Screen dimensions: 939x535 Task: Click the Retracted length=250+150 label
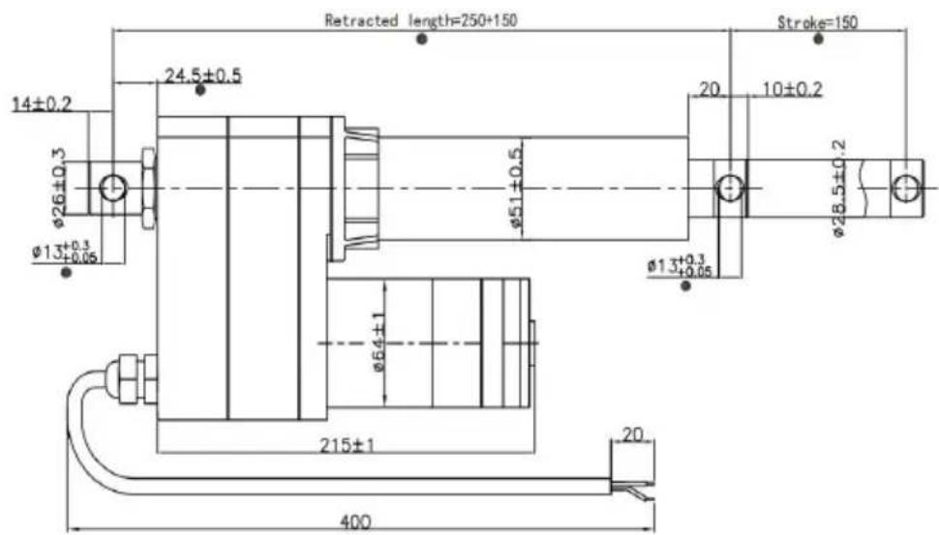[420, 20]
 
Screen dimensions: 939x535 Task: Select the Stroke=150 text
[817, 23]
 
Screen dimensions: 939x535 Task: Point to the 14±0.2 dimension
[42, 104]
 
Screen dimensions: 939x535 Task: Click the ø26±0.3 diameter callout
[59, 188]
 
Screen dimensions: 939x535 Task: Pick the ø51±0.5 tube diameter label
[516, 188]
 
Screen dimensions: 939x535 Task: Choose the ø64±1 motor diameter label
[379, 342]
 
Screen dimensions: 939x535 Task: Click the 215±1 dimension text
[347, 445]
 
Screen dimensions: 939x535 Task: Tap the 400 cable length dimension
[355, 521]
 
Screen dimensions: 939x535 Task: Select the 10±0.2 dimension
[792, 89]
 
